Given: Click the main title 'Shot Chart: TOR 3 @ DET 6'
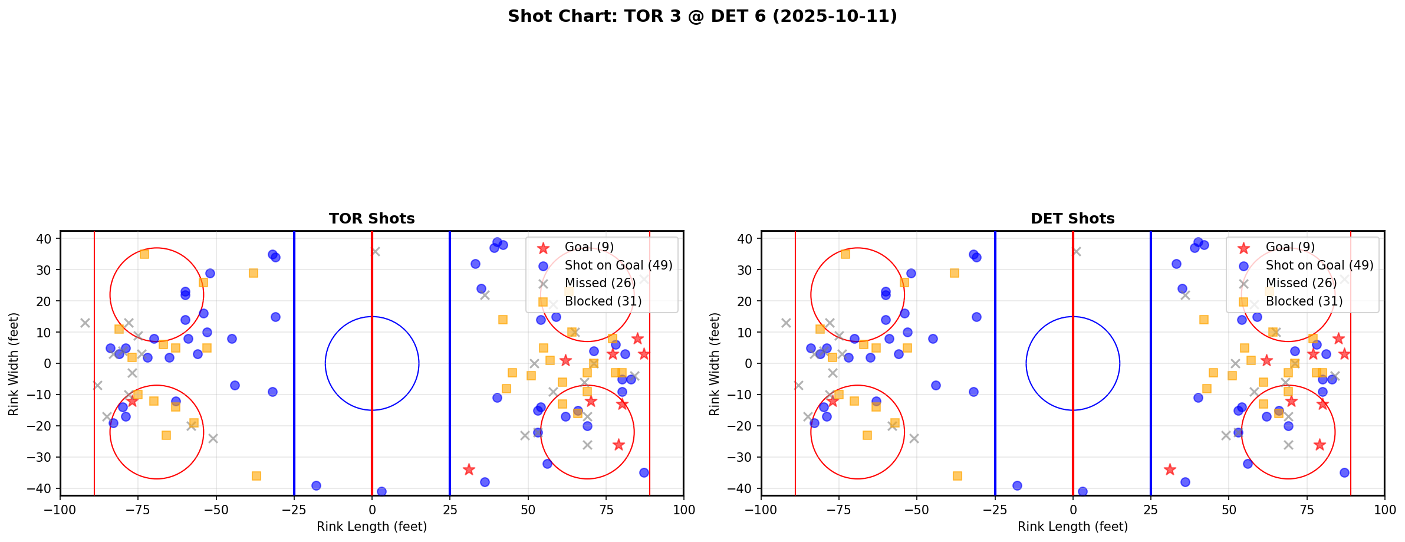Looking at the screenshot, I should pyautogui.click(x=702, y=16).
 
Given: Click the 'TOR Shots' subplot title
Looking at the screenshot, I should pyautogui.click(x=371, y=219).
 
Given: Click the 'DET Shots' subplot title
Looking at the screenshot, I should pyautogui.click(x=1072, y=219).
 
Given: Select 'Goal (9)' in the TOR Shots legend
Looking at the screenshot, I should pyautogui.click(x=589, y=247).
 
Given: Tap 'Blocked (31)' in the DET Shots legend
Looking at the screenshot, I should pyautogui.click(x=1304, y=301).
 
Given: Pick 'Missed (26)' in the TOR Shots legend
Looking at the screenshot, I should pyautogui.click(x=600, y=283).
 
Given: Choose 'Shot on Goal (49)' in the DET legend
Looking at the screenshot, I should pyautogui.click(x=1319, y=265).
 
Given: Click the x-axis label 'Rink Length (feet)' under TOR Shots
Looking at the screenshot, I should pyautogui.click(x=371, y=527).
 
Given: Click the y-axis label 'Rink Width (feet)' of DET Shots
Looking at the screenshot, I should pyautogui.click(x=715, y=364).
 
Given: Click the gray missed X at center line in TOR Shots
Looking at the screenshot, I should pyautogui.click(x=375, y=251).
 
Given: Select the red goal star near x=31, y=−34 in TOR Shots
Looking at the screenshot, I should pyautogui.click(x=469, y=469).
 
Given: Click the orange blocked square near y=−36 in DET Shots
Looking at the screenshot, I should pyautogui.click(x=957, y=476).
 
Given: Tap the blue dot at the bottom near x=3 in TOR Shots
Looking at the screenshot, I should pyautogui.click(x=381, y=491).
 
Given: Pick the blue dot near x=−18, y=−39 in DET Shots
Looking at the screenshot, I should pyautogui.click(x=1017, y=485).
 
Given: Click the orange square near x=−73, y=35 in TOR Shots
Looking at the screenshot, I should pyautogui.click(x=144, y=254).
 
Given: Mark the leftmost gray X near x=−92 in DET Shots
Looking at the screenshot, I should pyautogui.click(x=786, y=323).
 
